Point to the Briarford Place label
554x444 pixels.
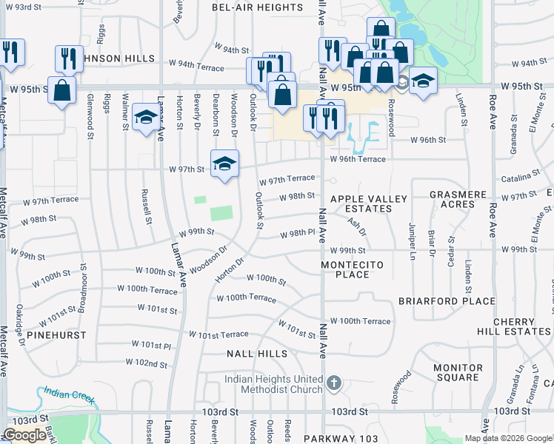click(447, 301)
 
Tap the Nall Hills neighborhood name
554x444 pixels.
click(256, 354)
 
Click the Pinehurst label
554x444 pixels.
click(56, 335)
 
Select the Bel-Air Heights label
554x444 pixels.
click(257, 7)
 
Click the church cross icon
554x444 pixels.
click(334, 383)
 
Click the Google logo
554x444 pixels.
click(24, 436)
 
